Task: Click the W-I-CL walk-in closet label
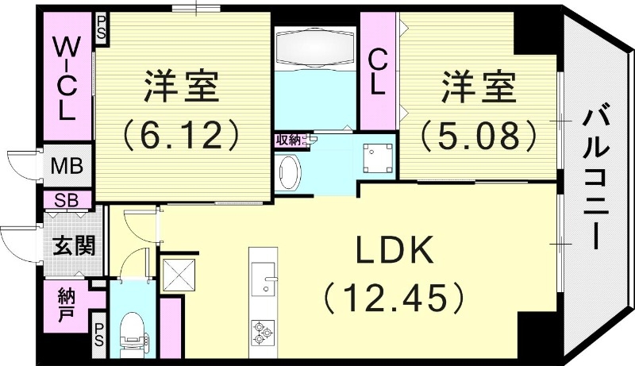point(65,77)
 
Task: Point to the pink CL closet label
point(379,71)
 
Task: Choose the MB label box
point(65,168)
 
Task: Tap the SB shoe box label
point(65,198)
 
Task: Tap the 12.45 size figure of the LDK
point(394,299)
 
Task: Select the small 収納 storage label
point(287,141)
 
